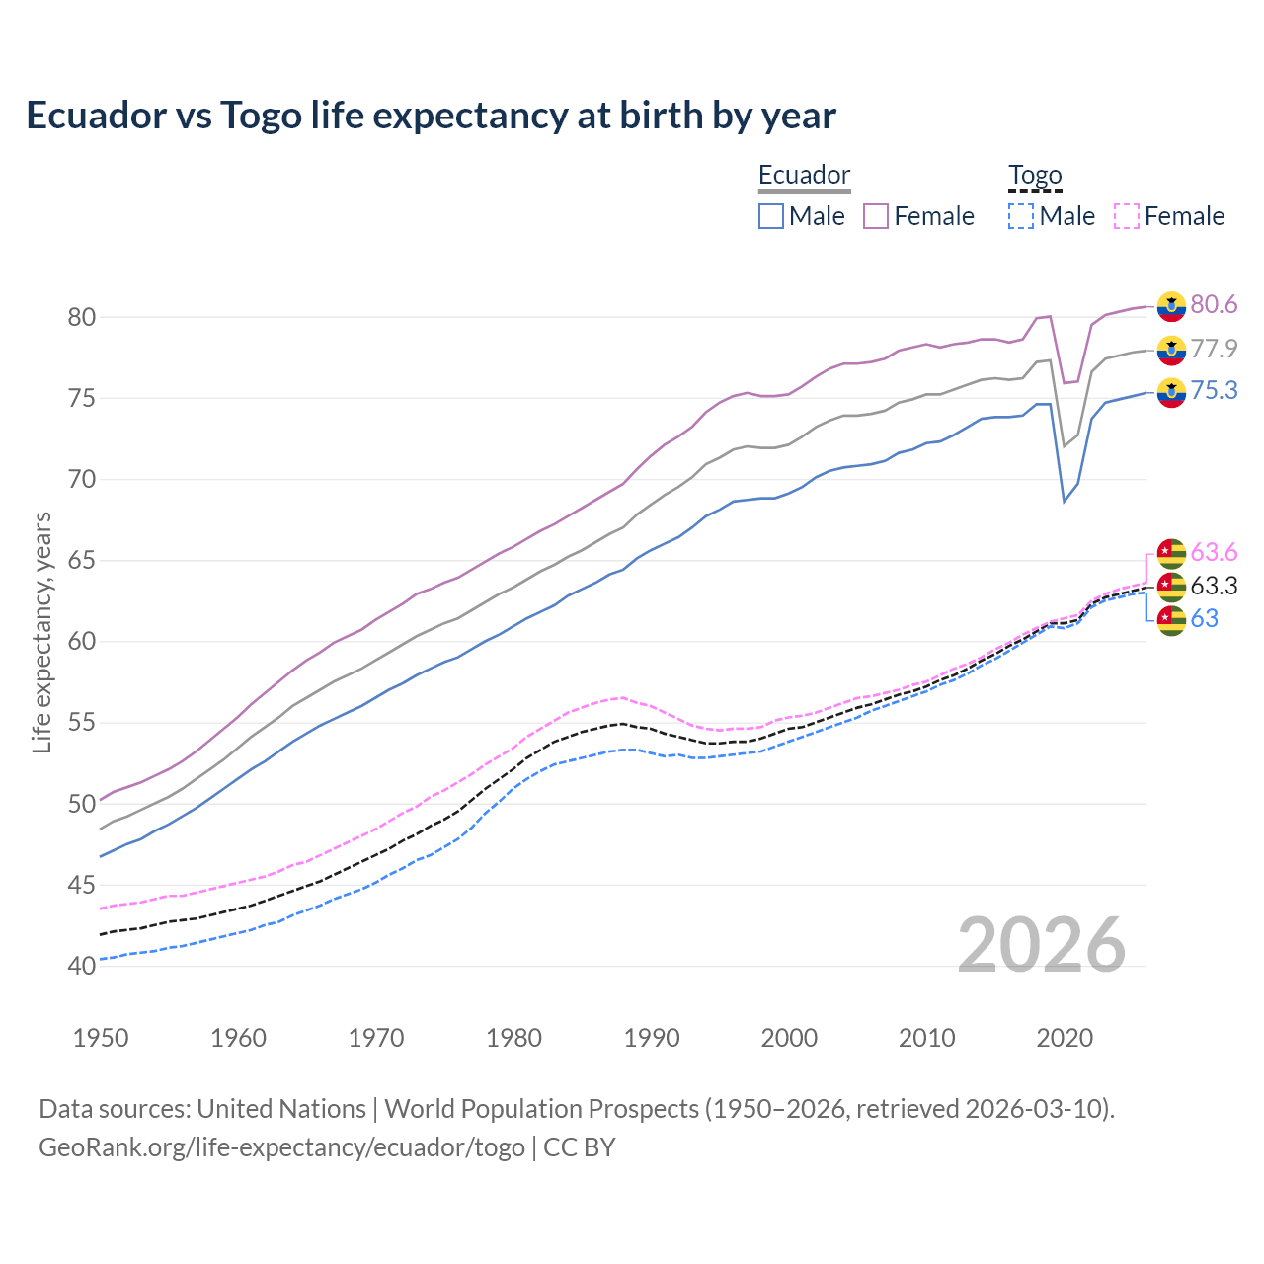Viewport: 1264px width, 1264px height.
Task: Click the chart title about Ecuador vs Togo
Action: pyautogui.click(x=431, y=116)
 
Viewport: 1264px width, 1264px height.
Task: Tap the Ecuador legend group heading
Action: pyautogui.click(x=804, y=175)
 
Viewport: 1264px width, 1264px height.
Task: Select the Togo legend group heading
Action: pyautogui.click(x=1034, y=175)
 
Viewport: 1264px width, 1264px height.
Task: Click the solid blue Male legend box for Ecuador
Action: pyautogui.click(x=771, y=216)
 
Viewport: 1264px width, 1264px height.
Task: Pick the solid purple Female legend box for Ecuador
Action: pyautogui.click(x=876, y=216)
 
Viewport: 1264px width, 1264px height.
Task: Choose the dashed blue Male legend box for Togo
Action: pyautogui.click(x=1021, y=216)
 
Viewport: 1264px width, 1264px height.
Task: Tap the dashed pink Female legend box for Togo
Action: pyautogui.click(x=1126, y=216)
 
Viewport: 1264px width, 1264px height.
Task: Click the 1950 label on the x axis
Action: pyautogui.click(x=101, y=1038)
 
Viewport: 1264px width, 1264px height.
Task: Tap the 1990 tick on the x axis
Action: pyautogui.click(x=652, y=1038)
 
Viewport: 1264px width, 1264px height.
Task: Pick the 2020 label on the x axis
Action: pyautogui.click(x=1065, y=1038)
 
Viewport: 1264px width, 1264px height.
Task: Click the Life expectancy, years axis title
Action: pyautogui.click(x=41, y=632)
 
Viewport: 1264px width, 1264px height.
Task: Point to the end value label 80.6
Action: pyautogui.click(x=1214, y=304)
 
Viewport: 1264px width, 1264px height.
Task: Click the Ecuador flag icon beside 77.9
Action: pyautogui.click(x=1171, y=349)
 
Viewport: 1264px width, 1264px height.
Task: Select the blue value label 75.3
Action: pyautogui.click(x=1214, y=391)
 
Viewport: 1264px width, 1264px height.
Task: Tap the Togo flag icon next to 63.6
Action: pyautogui.click(x=1171, y=552)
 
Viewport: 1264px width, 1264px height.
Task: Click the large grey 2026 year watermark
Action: pyautogui.click(x=1042, y=945)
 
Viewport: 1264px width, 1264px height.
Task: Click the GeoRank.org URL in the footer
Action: pyautogui.click(x=281, y=1146)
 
